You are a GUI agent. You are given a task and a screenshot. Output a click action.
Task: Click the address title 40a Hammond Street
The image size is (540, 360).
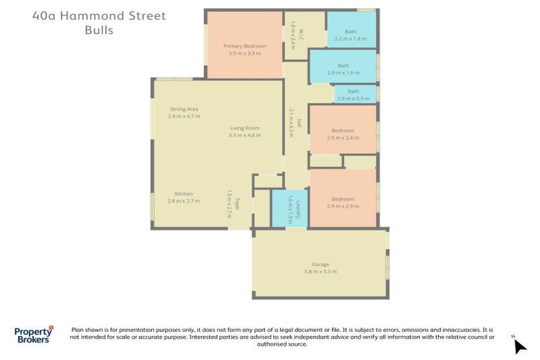(x=98, y=15)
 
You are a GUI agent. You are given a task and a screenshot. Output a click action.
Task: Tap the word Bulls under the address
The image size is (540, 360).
(x=98, y=30)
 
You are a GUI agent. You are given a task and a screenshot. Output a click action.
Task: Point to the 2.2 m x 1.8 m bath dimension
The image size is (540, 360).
(x=351, y=39)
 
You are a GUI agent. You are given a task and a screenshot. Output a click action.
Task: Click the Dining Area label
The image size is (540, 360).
(x=184, y=109)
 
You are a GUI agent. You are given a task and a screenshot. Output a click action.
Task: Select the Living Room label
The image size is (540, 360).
(x=244, y=128)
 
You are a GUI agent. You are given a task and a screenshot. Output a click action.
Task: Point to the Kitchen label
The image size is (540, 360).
(x=184, y=194)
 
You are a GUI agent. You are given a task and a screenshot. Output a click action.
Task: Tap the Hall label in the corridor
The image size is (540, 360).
(x=299, y=122)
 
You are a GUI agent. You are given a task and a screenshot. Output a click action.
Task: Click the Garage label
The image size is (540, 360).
(x=320, y=264)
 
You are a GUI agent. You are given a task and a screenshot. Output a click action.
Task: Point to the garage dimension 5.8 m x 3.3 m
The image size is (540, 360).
(x=320, y=271)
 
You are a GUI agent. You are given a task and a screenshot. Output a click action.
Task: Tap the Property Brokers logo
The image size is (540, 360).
(x=33, y=335)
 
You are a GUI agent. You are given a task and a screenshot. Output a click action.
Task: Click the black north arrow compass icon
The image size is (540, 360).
(x=520, y=346)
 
